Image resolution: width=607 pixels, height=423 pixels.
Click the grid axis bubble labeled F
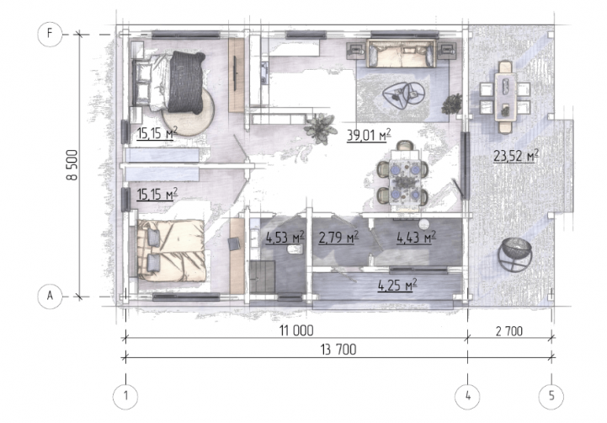(x=50, y=34)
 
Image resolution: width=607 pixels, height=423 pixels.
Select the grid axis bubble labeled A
(x=50, y=297)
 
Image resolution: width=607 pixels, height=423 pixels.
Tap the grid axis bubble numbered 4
(x=467, y=396)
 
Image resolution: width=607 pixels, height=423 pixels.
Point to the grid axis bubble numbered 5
(x=551, y=396)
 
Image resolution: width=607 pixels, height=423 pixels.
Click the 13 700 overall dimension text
(x=338, y=350)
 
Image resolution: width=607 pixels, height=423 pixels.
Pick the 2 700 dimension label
(x=509, y=331)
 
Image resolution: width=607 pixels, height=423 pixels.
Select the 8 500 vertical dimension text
(x=72, y=165)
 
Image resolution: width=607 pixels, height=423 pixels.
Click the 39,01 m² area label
(x=369, y=135)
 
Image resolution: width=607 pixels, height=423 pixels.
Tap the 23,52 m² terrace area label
(x=516, y=156)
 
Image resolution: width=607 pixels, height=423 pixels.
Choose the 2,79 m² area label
(x=338, y=237)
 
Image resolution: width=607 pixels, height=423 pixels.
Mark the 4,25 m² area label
(x=397, y=285)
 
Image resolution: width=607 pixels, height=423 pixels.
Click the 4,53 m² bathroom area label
(x=285, y=237)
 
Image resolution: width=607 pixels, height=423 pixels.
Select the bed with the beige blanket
(x=171, y=250)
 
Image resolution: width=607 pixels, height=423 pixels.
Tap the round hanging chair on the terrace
(x=515, y=254)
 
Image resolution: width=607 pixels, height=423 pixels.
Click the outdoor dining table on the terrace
(x=506, y=97)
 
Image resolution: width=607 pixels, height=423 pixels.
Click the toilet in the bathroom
(x=294, y=250)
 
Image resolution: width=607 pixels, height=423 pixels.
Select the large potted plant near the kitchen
(x=320, y=129)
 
